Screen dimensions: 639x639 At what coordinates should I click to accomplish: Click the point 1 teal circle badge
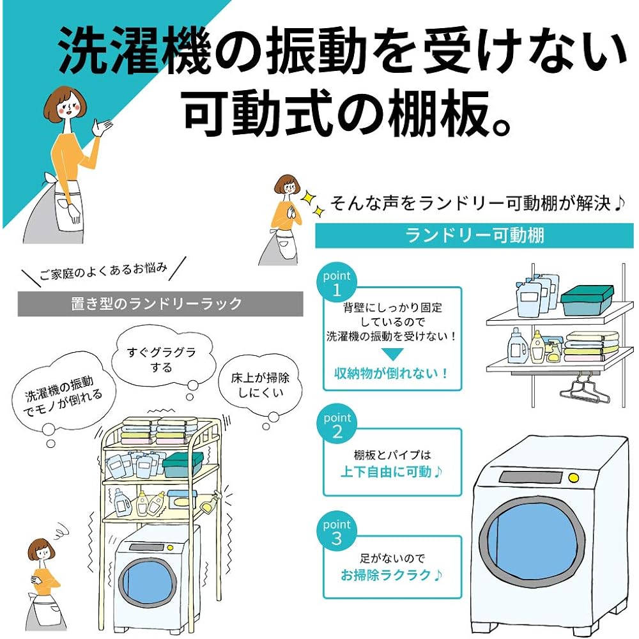click(x=337, y=283)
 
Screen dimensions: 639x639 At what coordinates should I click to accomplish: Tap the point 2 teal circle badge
click(x=337, y=426)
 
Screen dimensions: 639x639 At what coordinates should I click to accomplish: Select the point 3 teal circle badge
click(x=337, y=532)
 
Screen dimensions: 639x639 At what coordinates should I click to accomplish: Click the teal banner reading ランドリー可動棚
click(x=474, y=235)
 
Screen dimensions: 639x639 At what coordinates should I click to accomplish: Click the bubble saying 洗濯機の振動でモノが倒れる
click(x=59, y=394)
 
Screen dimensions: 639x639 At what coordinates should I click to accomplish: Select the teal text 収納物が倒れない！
click(x=392, y=373)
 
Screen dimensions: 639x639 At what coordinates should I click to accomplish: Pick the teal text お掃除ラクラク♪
click(x=392, y=574)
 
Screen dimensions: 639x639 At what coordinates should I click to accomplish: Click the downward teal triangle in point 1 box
click(x=392, y=354)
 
